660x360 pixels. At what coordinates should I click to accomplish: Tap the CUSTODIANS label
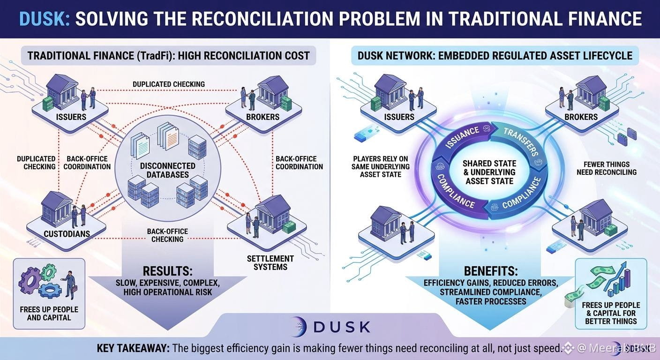[67, 234]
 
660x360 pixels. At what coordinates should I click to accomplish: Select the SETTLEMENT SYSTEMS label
[270, 263]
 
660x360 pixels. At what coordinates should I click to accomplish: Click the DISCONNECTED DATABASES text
[168, 170]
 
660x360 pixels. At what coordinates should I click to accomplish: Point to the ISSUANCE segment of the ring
[464, 138]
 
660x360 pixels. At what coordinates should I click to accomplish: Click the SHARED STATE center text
[489, 172]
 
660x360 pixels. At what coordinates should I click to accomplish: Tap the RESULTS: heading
[167, 271]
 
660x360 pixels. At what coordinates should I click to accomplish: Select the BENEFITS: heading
[491, 271]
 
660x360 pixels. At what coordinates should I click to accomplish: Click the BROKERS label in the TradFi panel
[262, 117]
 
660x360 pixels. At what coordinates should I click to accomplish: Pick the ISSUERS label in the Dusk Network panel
[399, 117]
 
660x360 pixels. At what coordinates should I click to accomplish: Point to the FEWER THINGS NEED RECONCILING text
[607, 168]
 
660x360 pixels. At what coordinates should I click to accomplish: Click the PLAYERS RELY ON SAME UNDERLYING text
[380, 167]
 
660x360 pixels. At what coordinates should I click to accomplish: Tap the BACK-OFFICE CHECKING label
[167, 235]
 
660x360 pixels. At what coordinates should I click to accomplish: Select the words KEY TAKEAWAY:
[133, 348]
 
